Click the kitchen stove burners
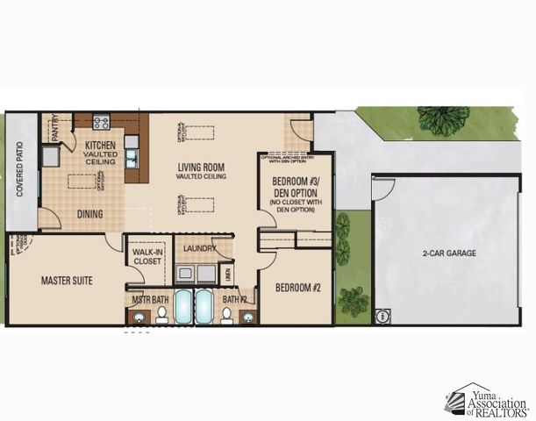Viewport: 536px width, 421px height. click(101, 122)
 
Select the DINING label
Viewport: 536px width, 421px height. click(89, 213)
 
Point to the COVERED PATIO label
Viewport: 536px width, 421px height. click(19, 172)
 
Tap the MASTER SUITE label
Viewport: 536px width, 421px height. click(67, 281)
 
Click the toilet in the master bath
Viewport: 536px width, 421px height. click(161, 315)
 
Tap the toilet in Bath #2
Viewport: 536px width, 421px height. click(226, 315)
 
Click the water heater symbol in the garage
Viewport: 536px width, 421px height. click(382, 316)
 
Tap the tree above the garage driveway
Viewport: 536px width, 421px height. click(443, 120)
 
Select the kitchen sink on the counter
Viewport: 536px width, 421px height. click(132, 158)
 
